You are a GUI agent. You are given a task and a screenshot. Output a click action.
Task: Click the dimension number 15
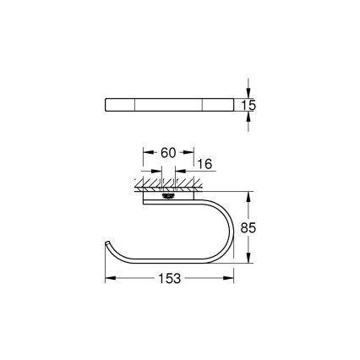point(249,106)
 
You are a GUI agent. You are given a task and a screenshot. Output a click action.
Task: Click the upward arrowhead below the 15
point(248,117)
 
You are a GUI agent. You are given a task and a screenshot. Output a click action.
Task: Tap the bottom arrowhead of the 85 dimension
point(248,262)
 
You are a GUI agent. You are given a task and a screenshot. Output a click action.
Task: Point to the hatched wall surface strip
point(168,183)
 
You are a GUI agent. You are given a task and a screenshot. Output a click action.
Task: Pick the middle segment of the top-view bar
point(168,105)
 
